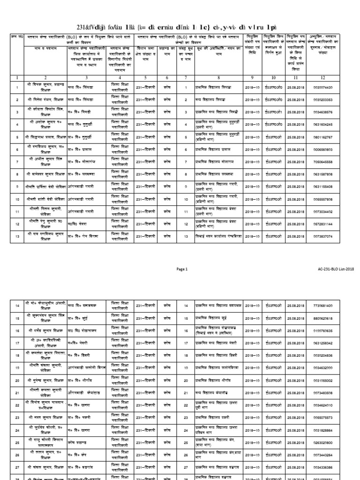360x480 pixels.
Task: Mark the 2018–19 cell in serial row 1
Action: (254, 88)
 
